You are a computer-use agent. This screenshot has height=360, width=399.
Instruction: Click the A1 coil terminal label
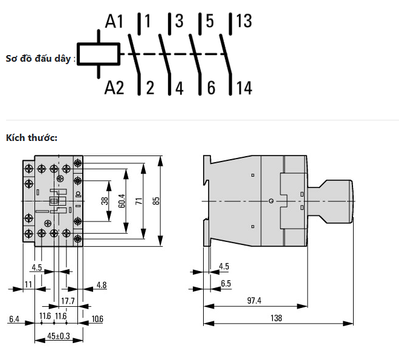[x=114, y=21]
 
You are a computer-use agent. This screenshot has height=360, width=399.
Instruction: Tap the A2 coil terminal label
[x=114, y=88]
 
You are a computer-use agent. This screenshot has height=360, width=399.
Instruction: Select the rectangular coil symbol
[x=99, y=54]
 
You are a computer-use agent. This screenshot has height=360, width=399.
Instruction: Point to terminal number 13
[x=244, y=21]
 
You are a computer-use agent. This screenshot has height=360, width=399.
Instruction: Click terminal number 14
[x=244, y=88]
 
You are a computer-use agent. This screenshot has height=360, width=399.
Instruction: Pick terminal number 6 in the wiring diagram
[x=211, y=88]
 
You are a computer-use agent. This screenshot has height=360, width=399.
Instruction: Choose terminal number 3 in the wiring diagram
[x=179, y=21]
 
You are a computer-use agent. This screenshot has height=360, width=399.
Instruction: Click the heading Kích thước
[x=32, y=138]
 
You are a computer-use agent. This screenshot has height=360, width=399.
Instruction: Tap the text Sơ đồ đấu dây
[x=38, y=59]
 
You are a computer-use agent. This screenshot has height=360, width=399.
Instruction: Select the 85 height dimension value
[x=157, y=201]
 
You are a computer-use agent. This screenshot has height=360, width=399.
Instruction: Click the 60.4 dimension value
[x=122, y=201]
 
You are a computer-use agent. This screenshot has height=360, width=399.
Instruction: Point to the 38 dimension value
[x=105, y=201]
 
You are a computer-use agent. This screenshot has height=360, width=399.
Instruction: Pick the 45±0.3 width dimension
[x=59, y=336]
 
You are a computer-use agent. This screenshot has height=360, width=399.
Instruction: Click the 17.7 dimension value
[x=68, y=301]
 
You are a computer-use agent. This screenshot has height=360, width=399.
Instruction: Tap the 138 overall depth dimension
[x=276, y=318]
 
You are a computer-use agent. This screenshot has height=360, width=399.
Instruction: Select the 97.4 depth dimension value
[x=254, y=301]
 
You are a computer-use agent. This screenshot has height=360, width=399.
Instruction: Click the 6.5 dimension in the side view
[x=225, y=283]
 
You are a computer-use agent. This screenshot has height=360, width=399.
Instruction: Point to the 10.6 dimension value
[x=97, y=319]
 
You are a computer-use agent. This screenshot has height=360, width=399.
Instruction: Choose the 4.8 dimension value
[x=102, y=285]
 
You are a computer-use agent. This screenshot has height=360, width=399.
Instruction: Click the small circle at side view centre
[x=271, y=201]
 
